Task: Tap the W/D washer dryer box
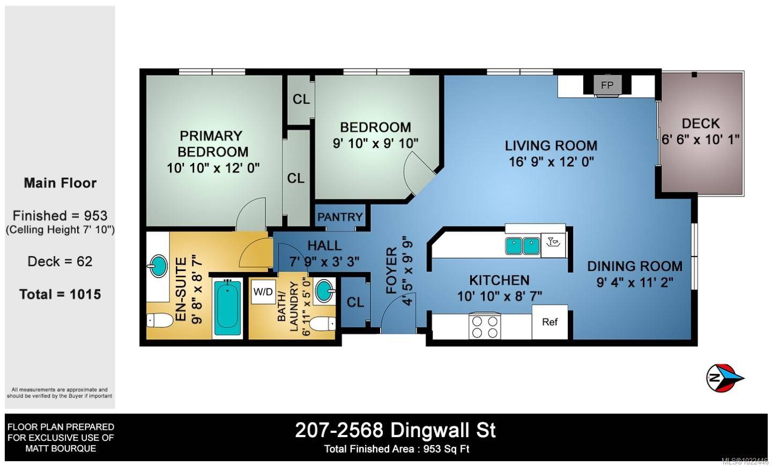(x=263, y=292)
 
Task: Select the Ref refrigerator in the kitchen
(x=550, y=322)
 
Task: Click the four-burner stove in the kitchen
(x=484, y=326)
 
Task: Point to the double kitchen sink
(x=522, y=246)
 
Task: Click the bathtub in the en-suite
(x=227, y=307)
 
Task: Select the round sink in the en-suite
(x=158, y=266)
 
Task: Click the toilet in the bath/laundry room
(x=323, y=324)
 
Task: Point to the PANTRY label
(x=340, y=217)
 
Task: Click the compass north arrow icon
(x=724, y=378)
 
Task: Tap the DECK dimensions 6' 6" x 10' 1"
(x=700, y=139)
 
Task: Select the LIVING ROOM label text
(x=551, y=146)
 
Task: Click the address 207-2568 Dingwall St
(x=396, y=430)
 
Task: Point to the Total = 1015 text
(x=60, y=294)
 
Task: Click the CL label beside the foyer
(x=355, y=302)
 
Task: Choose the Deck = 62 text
(x=60, y=261)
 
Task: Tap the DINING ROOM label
(x=634, y=266)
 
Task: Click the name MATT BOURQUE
(x=61, y=448)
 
